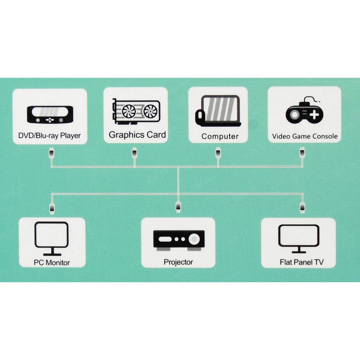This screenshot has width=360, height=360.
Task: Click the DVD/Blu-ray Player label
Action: [49, 135]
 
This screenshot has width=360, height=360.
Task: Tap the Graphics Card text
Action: [137, 134]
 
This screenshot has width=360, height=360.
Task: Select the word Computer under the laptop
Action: [220, 136]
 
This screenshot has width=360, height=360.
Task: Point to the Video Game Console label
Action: [305, 136]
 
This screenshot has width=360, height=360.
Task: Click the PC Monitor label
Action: [52, 262]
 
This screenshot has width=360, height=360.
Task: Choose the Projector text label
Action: [178, 262]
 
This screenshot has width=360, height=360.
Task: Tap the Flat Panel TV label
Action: [302, 262]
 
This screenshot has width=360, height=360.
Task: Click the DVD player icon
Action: [50, 114]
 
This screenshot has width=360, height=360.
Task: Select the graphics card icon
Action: [135, 111]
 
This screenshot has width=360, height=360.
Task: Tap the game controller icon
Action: [304, 112]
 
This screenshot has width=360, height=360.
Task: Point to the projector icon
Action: [178, 240]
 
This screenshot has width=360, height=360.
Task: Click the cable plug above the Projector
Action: [178, 206]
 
